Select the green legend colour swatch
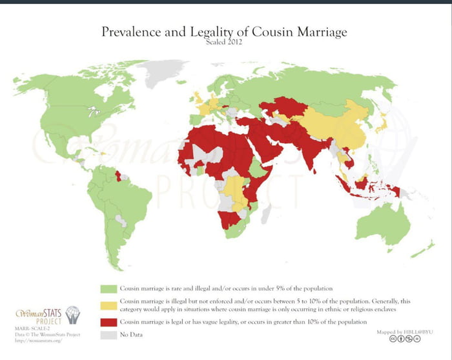click(x=110, y=287)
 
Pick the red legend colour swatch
click(x=110, y=321)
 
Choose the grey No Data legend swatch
click(x=110, y=334)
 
